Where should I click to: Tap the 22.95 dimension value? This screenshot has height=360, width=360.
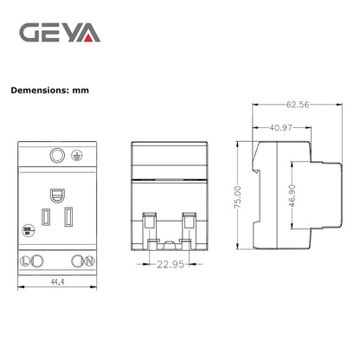pos(171,266)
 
